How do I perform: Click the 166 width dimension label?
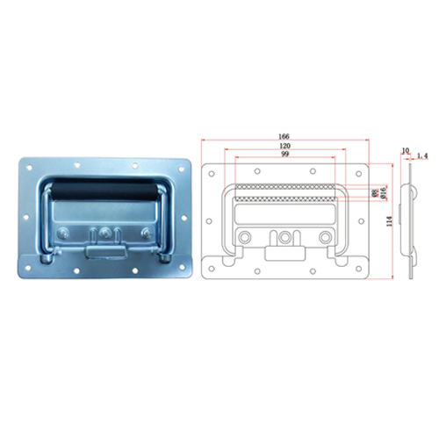click(284, 136)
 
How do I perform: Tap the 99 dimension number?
click(284, 155)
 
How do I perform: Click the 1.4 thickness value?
click(421, 155)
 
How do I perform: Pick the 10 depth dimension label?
click(406, 151)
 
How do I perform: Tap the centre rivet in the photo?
click(106, 233)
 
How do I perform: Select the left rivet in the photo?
click(67, 233)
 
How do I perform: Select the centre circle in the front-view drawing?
click(284, 237)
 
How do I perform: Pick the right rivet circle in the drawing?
click(326, 237)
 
